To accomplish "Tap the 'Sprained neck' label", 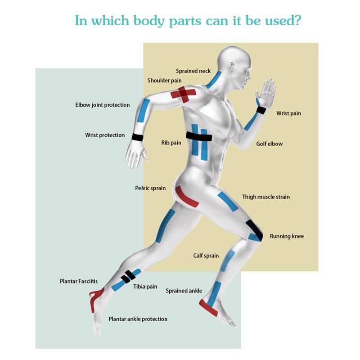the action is click(x=193, y=71).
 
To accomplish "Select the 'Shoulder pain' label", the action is click(x=165, y=81).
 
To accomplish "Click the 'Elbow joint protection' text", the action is click(x=102, y=105).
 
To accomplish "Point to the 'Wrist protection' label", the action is click(x=105, y=135).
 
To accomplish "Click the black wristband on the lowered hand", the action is click(x=137, y=137).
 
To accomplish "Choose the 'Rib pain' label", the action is click(x=171, y=143).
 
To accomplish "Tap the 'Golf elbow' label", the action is click(x=269, y=144).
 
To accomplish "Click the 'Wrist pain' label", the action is click(x=288, y=113).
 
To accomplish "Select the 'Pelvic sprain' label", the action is click(x=150, y=188).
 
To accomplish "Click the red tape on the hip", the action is click(x=187, y=198).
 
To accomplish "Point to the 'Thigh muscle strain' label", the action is click(x=266, y=197).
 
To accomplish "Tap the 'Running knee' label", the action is click(x=287, y=236).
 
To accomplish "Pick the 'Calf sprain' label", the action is click(x=206, y=256).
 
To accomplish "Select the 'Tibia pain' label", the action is click(x=145, y=286).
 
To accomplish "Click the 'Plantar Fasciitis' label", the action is click(x=79, y=281).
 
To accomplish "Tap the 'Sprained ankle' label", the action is click(x=184, y=291).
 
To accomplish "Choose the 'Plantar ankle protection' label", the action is click(x=138, y=319).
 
